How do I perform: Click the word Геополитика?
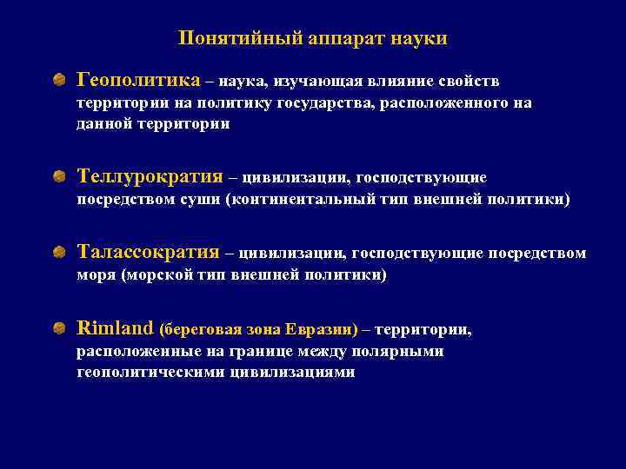138,81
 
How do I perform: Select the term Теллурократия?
150,177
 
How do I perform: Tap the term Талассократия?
148,253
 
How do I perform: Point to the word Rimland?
115,328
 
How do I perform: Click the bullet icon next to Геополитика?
58,81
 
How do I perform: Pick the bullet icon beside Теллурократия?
58,177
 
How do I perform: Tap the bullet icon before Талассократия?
58,253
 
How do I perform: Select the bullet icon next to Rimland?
58,328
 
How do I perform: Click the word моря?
97,275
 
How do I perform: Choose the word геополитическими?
151,372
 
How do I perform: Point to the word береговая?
201,330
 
